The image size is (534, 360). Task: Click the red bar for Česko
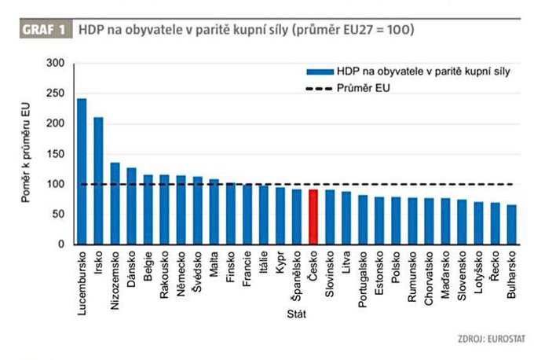point(313,216)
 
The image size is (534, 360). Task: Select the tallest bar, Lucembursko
point(82,171)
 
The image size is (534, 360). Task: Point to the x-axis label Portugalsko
point(362,278)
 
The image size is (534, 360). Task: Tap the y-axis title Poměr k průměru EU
point(27,154)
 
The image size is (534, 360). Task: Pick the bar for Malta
point(214,211)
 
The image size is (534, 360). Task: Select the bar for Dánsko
point(131,206)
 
